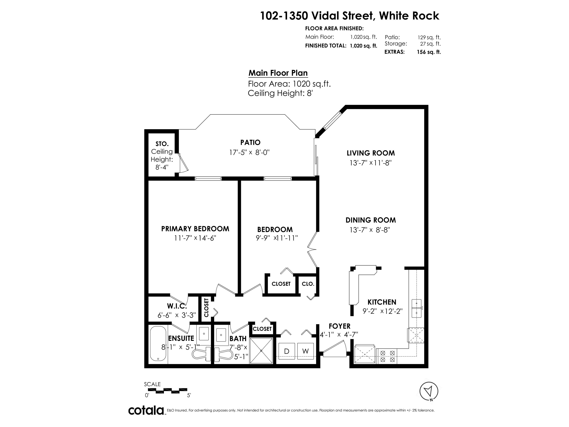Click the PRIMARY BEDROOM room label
pyautogui.click(x=195, y=229)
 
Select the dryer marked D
pyautogui.click(x=286, y=351)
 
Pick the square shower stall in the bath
pyautogui.click(x=261, y=351)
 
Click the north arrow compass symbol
pyautogui.click(x=429, y=391)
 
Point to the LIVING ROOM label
pyautogui.click(x=371, y=153)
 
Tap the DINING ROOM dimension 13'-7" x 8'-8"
pyautogui.click(x=370, y=230)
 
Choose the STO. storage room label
pyautogui.click(x=162, y=144)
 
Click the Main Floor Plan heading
pyautogui.click(x=278, y=73)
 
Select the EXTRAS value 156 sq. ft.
pyautogui.click(x=429, y=52)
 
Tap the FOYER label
pyautogui.click(x=340, y=326)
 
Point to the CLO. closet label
pyautogui.click(x=308, y=284)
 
